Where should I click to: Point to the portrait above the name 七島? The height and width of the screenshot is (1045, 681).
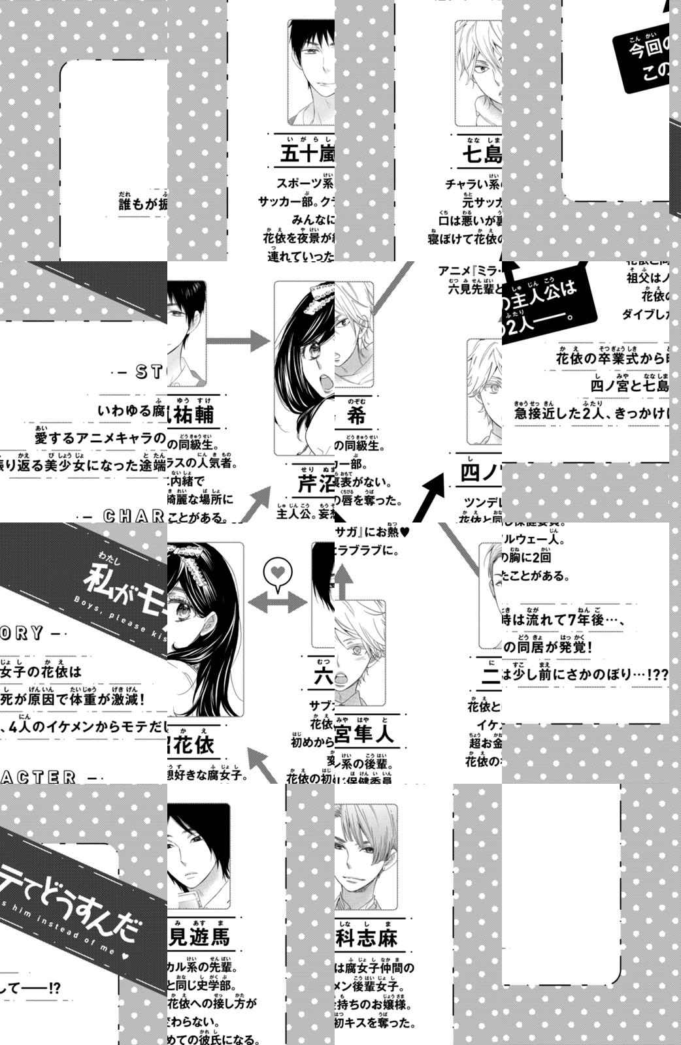coord(478,65)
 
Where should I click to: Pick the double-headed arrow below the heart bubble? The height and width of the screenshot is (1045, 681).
coord(277,602)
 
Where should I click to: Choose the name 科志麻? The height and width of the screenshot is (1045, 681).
coord(367,938)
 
